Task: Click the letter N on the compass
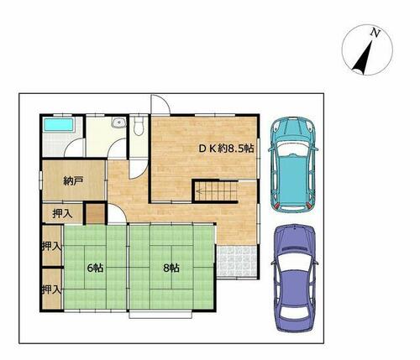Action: [x=375, y=34]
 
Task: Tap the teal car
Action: [x=293, y=164]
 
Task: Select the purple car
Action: [x=295, y=278]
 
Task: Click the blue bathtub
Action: [x=59, y=124]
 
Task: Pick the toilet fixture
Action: [x=139, y=127]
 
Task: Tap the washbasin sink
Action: [x=118, y=123]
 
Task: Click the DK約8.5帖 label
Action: [x=226, y=149]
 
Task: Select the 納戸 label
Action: [x=73, y=181]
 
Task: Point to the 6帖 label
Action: [x=95, y=268]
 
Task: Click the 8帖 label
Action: [x=171, y=269]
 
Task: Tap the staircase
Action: [x=216, y=191]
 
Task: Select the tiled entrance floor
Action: [x=237, y=261]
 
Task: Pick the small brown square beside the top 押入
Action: [x=95, y=214]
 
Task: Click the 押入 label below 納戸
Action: [x=63, y=214]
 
